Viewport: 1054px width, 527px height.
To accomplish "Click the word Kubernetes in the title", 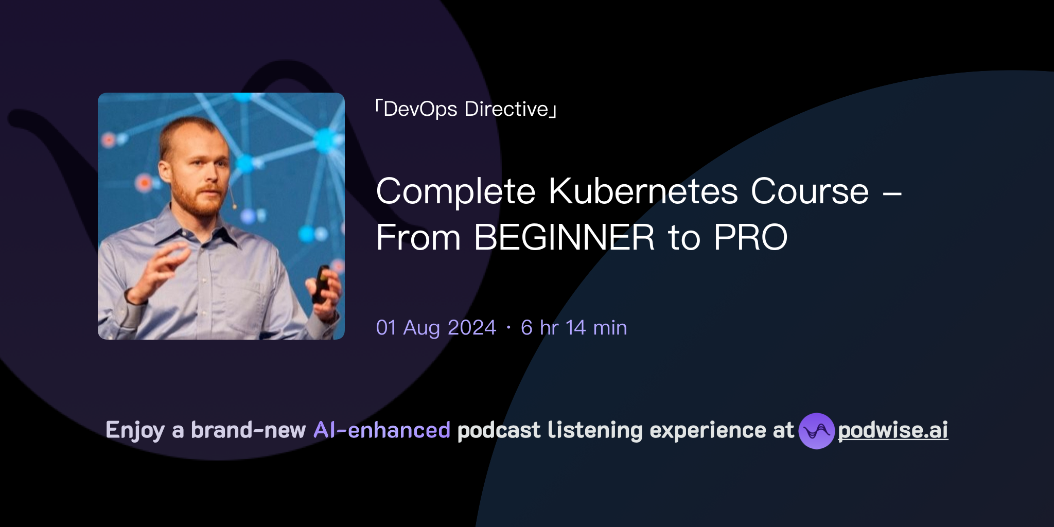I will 643,191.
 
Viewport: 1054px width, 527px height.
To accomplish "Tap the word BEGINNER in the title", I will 564,238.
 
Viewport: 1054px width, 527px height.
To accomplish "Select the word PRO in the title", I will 750,238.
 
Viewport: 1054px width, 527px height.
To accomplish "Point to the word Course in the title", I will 810,191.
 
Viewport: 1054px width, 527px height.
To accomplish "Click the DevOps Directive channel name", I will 466,109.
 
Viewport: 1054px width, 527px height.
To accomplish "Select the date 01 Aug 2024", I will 436,328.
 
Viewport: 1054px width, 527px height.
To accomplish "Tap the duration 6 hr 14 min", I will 574,328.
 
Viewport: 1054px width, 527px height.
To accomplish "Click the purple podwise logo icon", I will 816,431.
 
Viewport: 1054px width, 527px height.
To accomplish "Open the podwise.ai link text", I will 892,431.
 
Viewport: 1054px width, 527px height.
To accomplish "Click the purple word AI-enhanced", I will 382,430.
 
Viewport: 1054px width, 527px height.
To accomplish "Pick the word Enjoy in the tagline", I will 135,431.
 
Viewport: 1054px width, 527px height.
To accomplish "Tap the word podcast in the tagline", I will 499,430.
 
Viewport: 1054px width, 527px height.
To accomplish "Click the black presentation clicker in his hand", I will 322,283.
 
